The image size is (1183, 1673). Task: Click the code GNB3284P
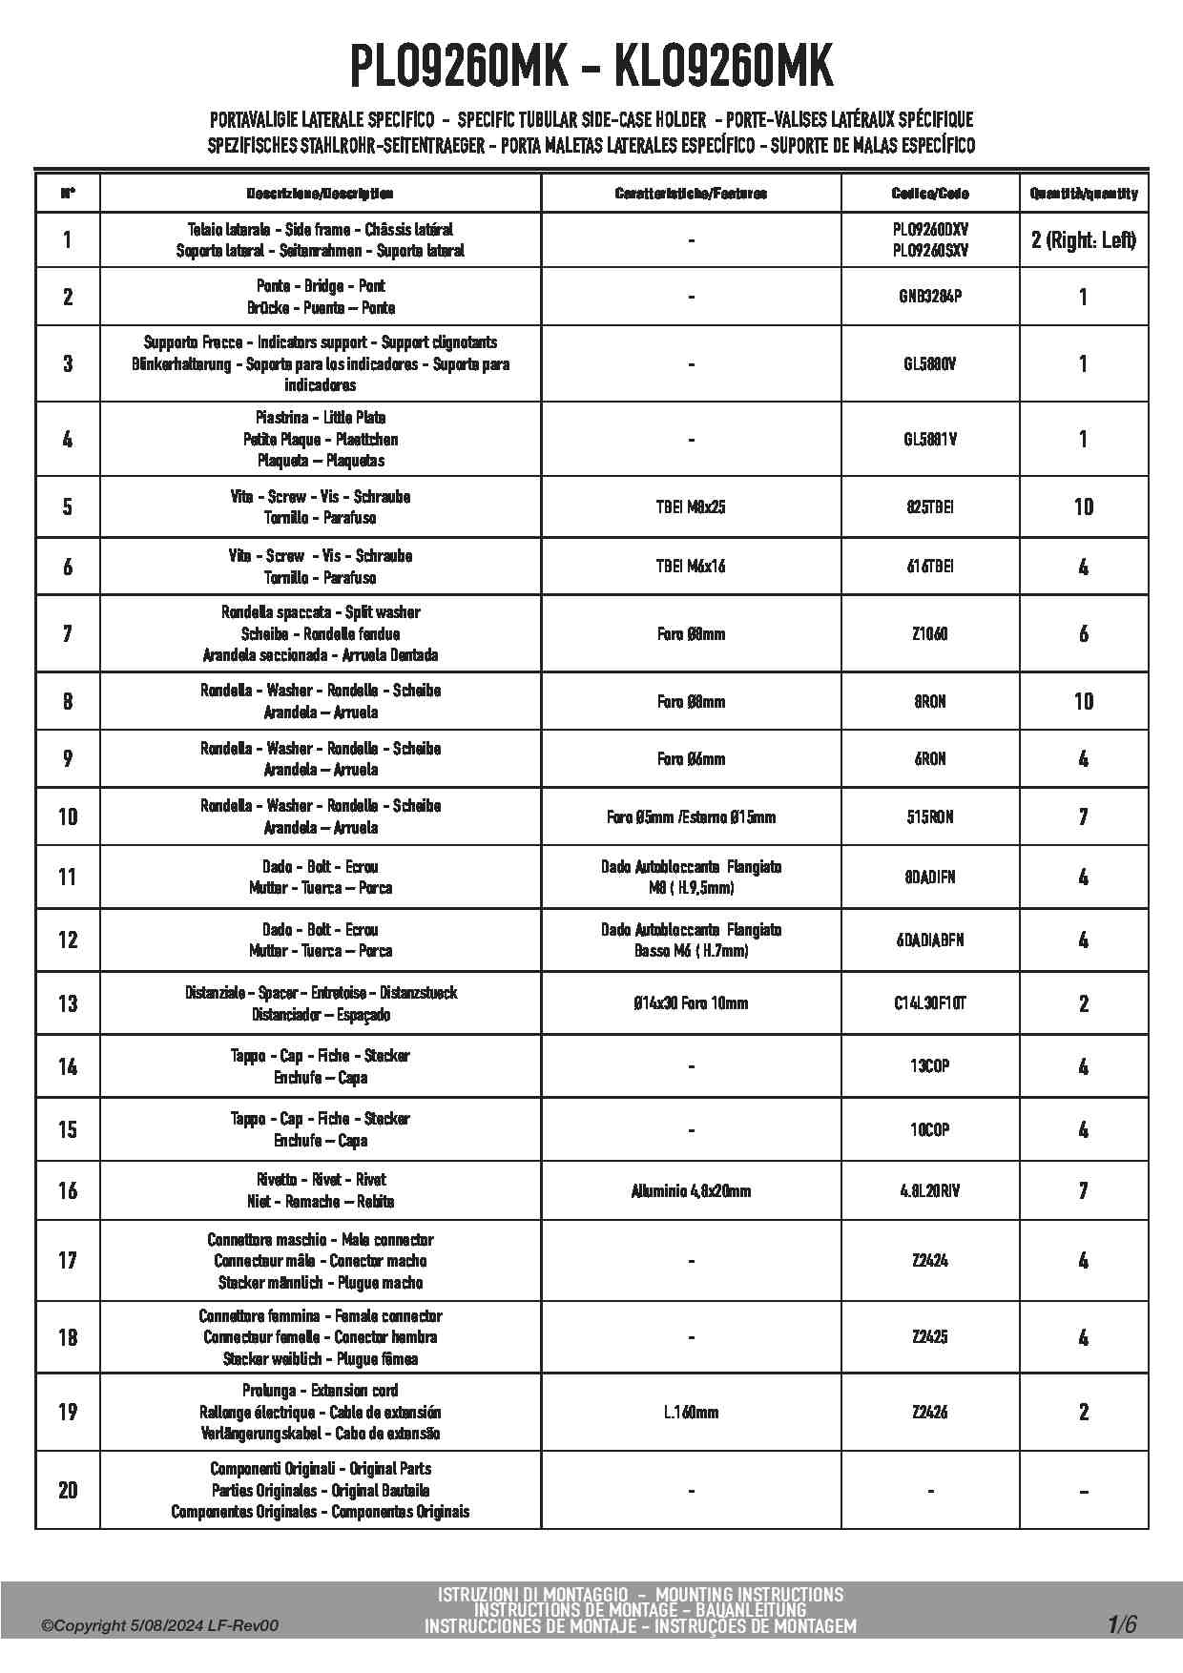click(930, 297)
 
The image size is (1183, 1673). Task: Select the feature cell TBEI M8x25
click(691, 507)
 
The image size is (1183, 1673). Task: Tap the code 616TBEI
click(930, 567)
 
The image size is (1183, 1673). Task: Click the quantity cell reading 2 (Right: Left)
click(1083, 239)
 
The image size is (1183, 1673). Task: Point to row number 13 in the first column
click(68, 1003)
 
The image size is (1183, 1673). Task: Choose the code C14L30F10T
click(930, 1003)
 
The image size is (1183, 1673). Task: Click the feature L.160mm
click(691, 1412)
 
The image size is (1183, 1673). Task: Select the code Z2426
click(930, 1412)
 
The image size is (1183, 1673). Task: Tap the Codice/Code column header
click(930, 194)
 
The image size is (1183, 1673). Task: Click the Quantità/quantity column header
click(1083, 194)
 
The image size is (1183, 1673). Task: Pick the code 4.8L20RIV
click(930, 1190)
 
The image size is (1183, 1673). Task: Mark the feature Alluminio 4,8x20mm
click(691, 1190)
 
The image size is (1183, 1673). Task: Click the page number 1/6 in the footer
click(1122, 1624)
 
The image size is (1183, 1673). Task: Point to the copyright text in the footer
click(159, 1626)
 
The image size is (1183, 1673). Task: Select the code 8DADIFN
click(930, 877)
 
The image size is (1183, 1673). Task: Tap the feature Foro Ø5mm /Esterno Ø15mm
click(691, 817)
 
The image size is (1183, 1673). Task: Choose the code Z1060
click(930, 634)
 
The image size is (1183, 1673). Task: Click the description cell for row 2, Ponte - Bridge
click(321, 297)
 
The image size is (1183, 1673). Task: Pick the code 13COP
click(930, 1066)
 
